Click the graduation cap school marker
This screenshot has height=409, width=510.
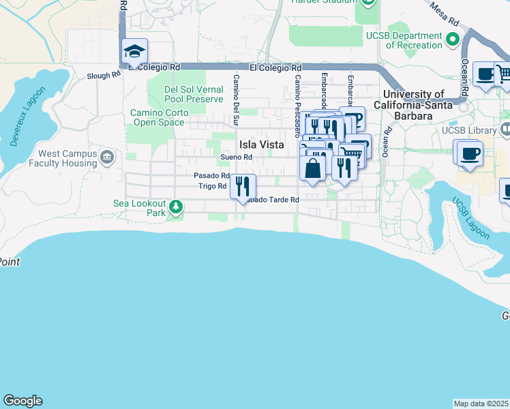click(135, 52)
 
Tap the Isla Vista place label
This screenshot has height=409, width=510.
click(261, 145)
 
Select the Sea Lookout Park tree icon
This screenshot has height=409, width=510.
click(176, 206)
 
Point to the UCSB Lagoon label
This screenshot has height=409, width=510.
click(470, 218)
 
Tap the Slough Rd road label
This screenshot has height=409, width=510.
click(104, 76)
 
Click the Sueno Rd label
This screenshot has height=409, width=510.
click(237, 157)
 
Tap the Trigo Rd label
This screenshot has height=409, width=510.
click(212, 186)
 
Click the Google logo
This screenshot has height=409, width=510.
click(22, 401)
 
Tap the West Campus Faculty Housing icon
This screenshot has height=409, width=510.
click(107, 158)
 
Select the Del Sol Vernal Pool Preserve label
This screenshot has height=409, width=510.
click(194, 94)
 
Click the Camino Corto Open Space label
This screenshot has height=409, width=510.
click(158, 117)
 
